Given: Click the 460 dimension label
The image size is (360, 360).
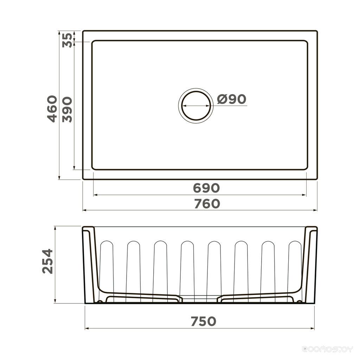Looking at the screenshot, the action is [x=52, y=109].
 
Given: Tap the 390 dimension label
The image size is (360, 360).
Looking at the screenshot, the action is [x=67, y=110].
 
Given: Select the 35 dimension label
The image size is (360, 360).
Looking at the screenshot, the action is [x=67, y=40].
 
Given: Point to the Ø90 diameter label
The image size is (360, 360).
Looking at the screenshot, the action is [x=231, y=99].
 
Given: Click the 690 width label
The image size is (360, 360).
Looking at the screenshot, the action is [x=206, y=188].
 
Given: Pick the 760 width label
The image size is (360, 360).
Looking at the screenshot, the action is [x=207, y=204].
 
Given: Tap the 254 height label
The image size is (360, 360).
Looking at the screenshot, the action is [x=48, y=261].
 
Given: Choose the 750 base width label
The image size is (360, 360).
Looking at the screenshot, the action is [x=204, y=321].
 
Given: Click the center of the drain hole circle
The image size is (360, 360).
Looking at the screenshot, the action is [x=196, y=105].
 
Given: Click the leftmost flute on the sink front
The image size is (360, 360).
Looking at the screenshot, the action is [x=107, y=271].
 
